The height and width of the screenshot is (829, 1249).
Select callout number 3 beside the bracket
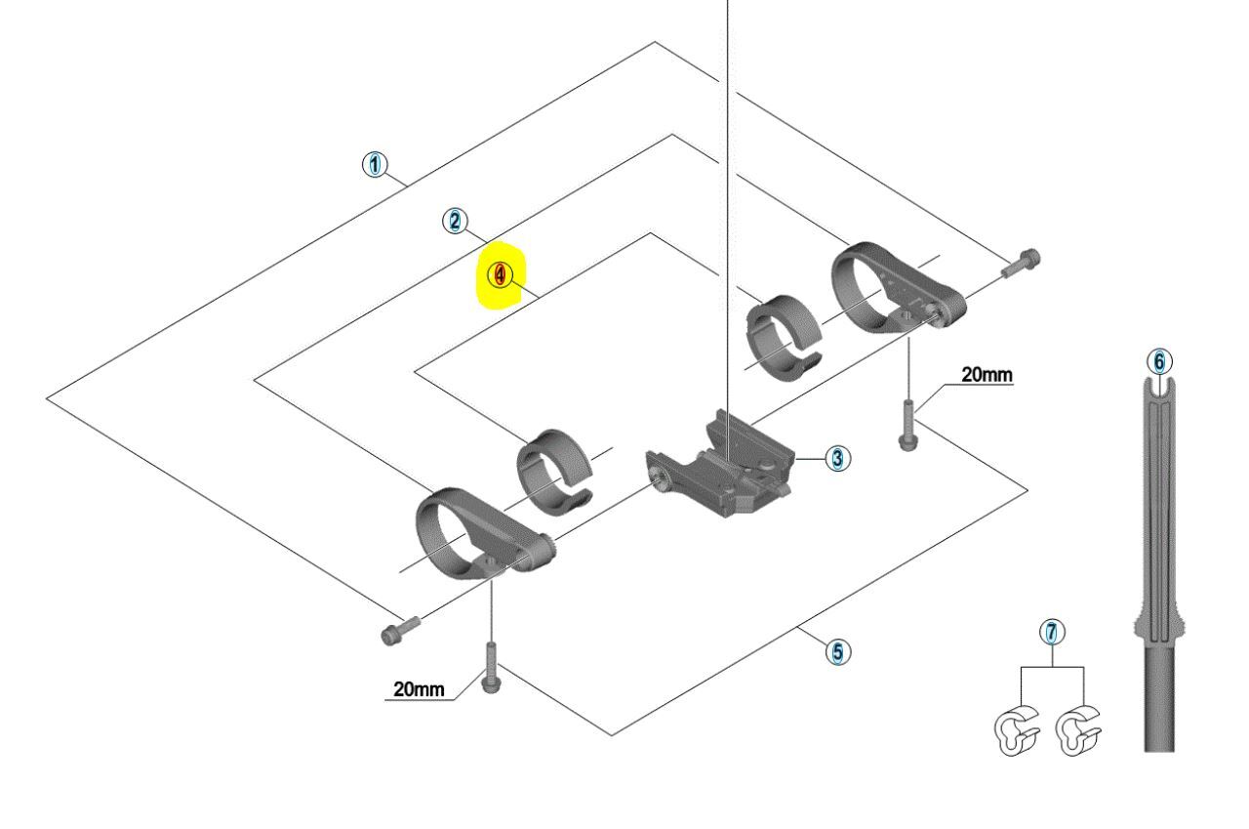tap(836, 457)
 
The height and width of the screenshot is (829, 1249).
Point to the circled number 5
tap(836, 650)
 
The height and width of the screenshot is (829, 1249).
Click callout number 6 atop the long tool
tap(1158, 361)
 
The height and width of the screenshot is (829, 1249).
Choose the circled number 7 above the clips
tap(1051, 632)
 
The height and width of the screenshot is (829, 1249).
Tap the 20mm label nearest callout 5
tap(418, 689)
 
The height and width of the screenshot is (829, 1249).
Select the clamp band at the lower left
tap(478, 537)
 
